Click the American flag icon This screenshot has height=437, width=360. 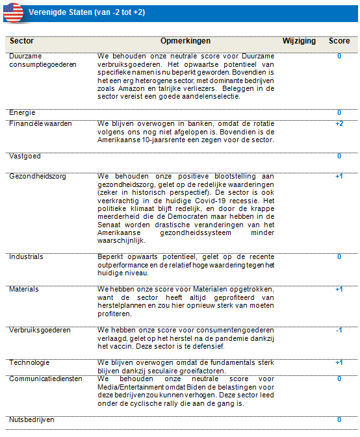(13, 12)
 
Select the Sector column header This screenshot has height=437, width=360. (22, 41)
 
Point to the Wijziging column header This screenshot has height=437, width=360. (299, 41)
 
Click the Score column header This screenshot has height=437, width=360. (339, 41)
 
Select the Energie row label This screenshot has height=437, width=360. (22, 113)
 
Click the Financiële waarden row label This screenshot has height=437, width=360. (40, 123)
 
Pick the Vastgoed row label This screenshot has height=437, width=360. (25, 156)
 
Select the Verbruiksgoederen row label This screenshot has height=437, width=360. (40, 330)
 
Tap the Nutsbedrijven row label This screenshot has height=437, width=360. (32, 420)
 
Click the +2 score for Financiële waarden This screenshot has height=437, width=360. (339, 123)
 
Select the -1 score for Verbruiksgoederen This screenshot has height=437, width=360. (339, 330)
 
